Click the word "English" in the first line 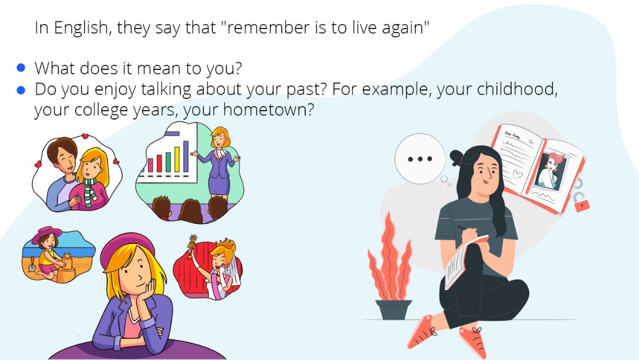80,28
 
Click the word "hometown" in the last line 269,110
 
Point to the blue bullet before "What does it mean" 21,68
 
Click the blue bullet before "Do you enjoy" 21,89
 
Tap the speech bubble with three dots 420,159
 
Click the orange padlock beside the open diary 582,202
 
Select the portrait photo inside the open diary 551,171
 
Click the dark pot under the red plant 393,310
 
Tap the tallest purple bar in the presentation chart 186,156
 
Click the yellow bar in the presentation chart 177,159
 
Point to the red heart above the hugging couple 85,136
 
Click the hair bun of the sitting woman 457,157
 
